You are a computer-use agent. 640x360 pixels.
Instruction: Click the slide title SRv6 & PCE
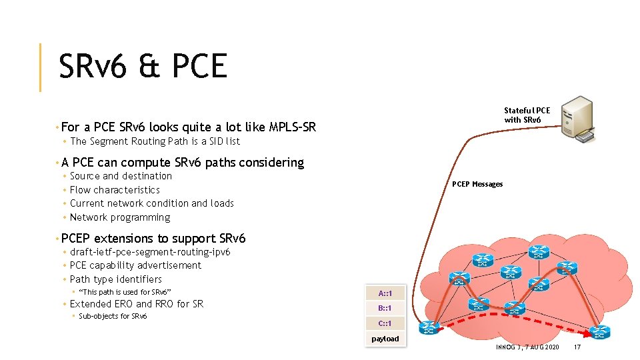[x=143, y=67]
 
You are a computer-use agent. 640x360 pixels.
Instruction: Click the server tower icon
[x=577, y=118]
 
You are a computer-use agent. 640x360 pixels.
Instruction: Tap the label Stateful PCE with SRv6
[x=527, y=115]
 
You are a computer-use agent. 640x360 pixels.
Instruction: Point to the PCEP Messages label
[x=477, y=184]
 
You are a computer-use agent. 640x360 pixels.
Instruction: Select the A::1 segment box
[x=385, y=293]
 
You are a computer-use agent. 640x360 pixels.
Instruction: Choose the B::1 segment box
[x=385, y=308]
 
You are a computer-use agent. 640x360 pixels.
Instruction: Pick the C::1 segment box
[x=385, y=323]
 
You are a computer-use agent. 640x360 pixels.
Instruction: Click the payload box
[x=385, y=339]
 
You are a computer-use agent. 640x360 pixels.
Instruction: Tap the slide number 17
[x=577, y=347]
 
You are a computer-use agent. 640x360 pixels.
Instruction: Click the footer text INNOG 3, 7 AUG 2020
[x=527, y=347]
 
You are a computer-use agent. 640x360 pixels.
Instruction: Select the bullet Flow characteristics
[x=115, y=190]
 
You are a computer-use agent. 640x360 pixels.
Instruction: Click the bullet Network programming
[x=120, y=217]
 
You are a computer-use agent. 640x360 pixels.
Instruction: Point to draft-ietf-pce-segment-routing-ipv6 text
[x=150, y=252]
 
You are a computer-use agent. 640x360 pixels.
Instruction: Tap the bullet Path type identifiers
[x=115, y=279]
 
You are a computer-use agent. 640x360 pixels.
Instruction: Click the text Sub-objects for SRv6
[x=113, y=316]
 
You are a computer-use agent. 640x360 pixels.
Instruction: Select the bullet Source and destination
[x=121, y=176]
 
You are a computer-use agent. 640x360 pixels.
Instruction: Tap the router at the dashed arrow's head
[x=599, y=331]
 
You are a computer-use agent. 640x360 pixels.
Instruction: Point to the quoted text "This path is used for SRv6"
[x=125, y=292]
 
